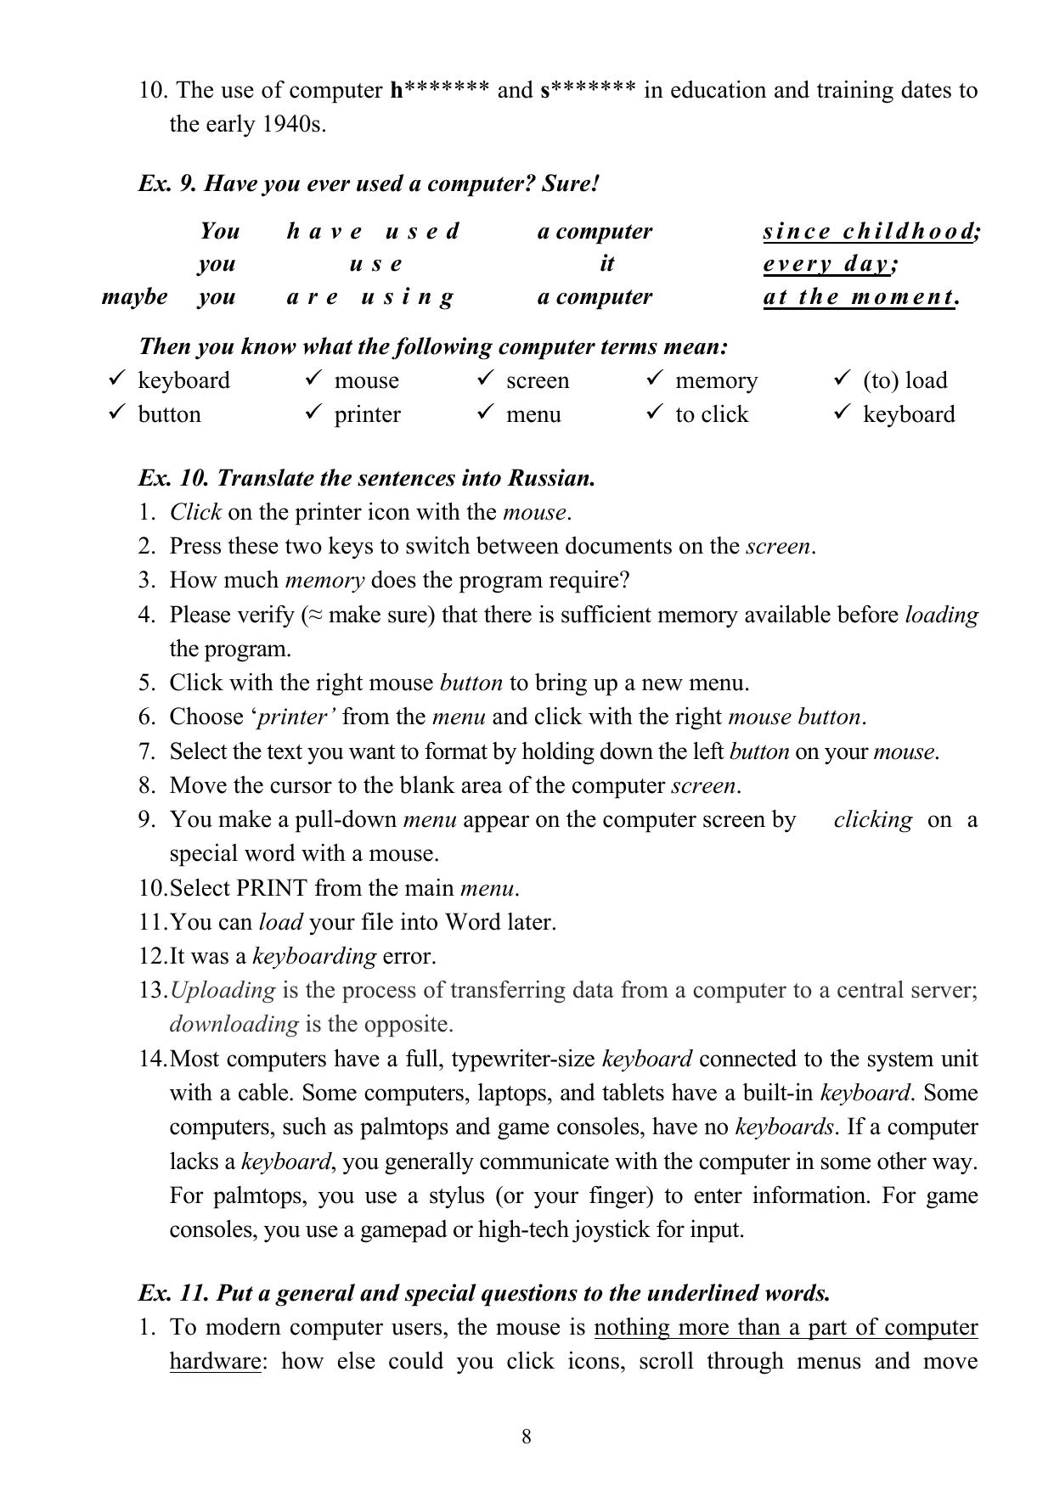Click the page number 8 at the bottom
pyautogui.click(x=527, y=1437)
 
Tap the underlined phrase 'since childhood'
pyautogui.click(x=870, y=231)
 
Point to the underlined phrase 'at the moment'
pyautogui.click(x=858, y=297)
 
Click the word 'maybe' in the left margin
pyautogui.click(x=134, y=297)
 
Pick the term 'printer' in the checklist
pyautogui.click(x=367, y=414)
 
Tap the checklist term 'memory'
pyautogui.click(x=716, y=380)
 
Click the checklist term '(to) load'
pyautogui.click(x=905, y=380)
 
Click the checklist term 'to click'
pyautogui.click(x=712, y=414)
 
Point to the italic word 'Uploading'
pyautogui.click(x=223, y=990)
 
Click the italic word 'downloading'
pyautogui.click(x=234, y=1024)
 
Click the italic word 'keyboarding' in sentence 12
pyautogui.click(x=314, y=956)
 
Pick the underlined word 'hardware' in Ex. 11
pyautogui.click(x=214, y=1361)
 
